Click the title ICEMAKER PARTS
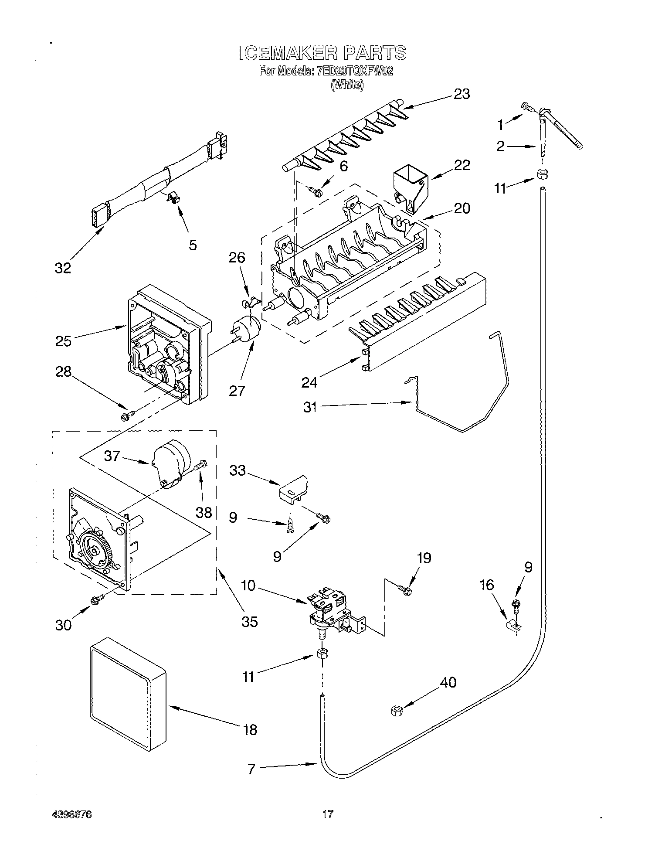[322, 53]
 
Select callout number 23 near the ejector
[462, 94]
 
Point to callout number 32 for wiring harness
[63, 268]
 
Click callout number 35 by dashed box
[249, 621]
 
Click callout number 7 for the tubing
[251, 769]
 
